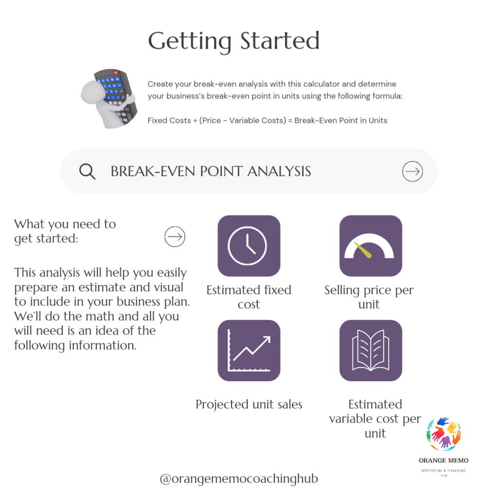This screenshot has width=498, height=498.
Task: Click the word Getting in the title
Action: coord(190,42)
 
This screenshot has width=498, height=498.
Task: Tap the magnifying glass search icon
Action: coord(87,172)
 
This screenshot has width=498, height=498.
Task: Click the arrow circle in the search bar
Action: coord(412,172)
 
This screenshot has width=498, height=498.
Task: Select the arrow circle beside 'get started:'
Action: coord(175,237)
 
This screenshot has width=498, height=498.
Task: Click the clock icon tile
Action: coord(249,246)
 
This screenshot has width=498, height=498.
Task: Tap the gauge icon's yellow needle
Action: coord(363,250)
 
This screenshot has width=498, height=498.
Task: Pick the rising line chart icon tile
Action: coord(249,350)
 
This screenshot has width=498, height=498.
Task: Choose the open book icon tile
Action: coord(371,350)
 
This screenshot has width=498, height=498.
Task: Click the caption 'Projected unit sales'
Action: coord(249,405)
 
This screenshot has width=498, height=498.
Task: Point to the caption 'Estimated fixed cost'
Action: coord(249,297)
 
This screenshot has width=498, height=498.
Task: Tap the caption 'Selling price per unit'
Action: coord(369,297)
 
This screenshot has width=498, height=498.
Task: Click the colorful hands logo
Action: coord(444,434)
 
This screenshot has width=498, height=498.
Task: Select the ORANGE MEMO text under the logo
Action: coord(444,461)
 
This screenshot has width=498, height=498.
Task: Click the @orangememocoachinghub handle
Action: coord(239,479)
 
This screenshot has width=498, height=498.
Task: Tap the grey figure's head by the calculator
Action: coord(92,92)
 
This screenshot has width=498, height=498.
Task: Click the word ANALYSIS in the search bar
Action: coord(279,172)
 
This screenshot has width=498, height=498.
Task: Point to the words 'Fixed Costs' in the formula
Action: coord(169,121)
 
